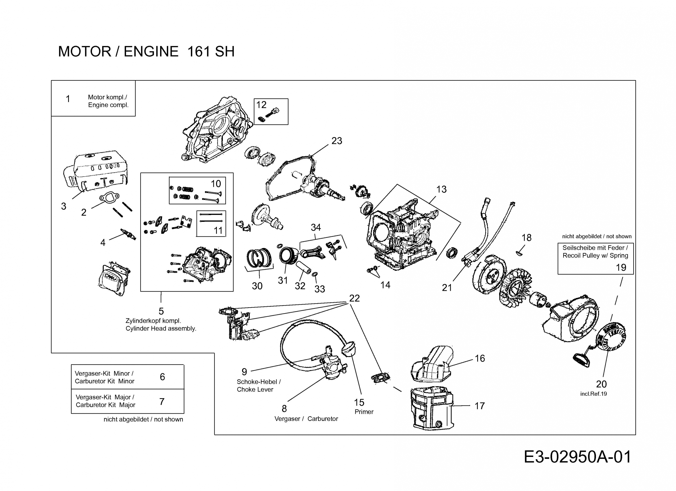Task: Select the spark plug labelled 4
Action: [x=128, y=234]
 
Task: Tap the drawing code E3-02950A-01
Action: [x=577, y=457]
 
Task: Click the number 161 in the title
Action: [x=198, y=51]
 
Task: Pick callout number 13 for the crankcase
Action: [x=441, y=189]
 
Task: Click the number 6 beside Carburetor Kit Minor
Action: [x=162, y=377]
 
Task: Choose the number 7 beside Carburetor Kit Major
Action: [x=162, y=401]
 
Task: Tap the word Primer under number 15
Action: [x=364, y=412]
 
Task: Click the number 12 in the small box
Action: [x=261, y=105]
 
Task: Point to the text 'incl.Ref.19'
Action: [x=594, y=394]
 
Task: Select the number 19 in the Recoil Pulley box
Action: [x=621, y=267]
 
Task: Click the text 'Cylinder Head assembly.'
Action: [x=161, y=328]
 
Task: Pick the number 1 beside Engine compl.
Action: [x=68, y=99]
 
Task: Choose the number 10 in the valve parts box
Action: [x=216, y=184]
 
